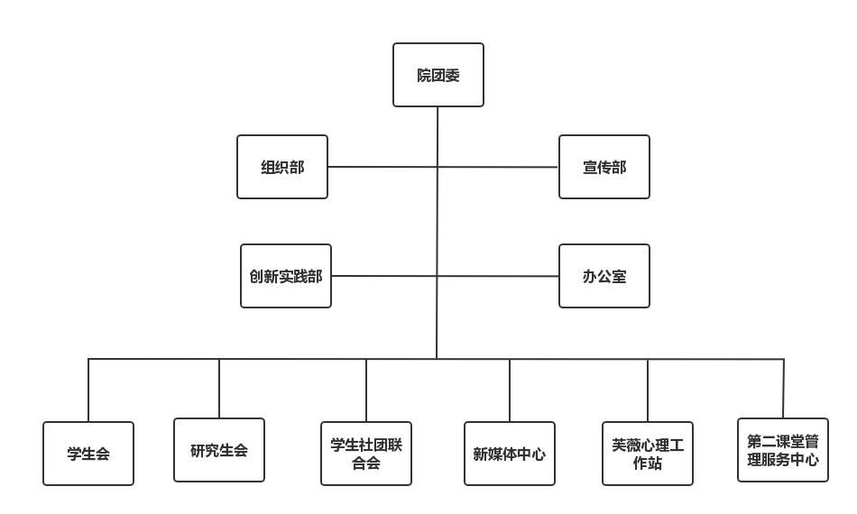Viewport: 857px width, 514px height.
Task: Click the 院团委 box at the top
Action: pos(438,76)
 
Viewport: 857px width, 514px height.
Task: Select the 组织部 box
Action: pos(282,167)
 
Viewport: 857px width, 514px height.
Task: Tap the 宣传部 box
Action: pos(604,167)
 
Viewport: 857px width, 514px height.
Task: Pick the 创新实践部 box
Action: pos(286,276)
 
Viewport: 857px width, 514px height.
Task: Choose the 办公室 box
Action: pos(604,276)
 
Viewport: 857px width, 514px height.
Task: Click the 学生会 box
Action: pos(88,454)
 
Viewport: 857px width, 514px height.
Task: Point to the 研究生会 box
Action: pos(219,450)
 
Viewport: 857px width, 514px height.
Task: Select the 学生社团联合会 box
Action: pos(366,454)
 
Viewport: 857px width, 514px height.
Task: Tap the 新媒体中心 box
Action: pos(510,454)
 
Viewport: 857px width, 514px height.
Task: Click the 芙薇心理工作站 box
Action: pos(648,454)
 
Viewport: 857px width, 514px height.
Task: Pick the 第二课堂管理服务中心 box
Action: pos(783,450)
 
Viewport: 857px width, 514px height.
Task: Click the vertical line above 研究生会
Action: pos(219,388)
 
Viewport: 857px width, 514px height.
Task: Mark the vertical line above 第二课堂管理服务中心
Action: pos(783,388)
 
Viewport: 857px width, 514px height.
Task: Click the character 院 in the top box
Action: pos(424,76)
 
